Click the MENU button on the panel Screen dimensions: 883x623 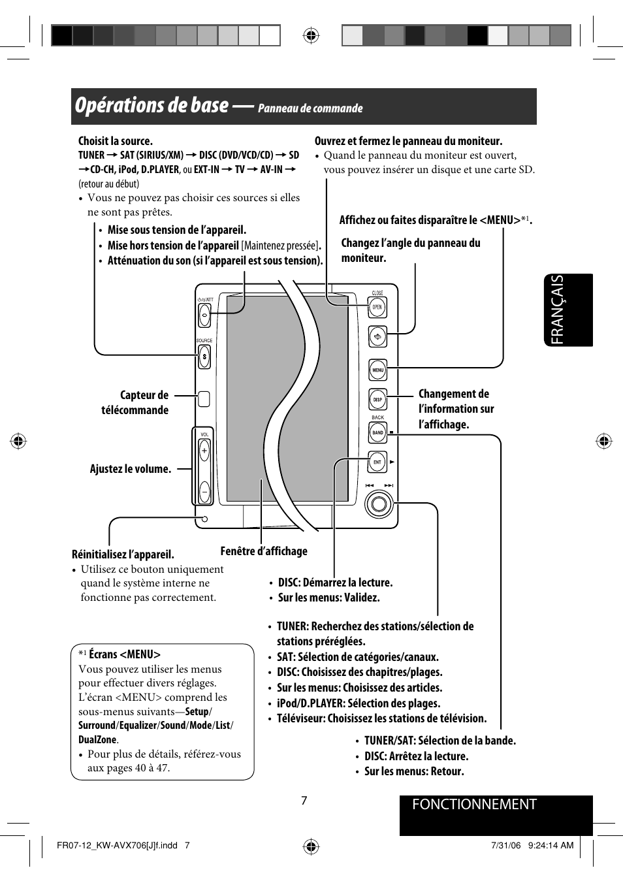pos(377,370)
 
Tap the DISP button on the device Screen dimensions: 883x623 pos(377,400)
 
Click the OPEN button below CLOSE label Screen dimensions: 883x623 pos(377,307)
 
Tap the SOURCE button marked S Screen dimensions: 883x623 pos(204,357)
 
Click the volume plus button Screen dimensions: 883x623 pos(204,451)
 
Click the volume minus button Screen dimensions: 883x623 pos(204,490)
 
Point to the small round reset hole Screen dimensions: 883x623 pos(204,519)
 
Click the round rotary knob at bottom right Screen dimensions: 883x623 pos(379,504)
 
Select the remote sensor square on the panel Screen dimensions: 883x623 pos(204,398)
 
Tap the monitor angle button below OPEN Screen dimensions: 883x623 pos(377,337)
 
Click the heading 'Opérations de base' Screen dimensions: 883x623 pos(152,106)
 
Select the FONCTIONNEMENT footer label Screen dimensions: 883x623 pos(474,805)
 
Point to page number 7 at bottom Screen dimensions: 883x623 pos(304,801)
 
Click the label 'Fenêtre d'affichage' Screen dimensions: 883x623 pos(264,551)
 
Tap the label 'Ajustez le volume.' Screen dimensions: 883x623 pos(131,469)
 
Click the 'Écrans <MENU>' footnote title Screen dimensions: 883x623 pos(124,654)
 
